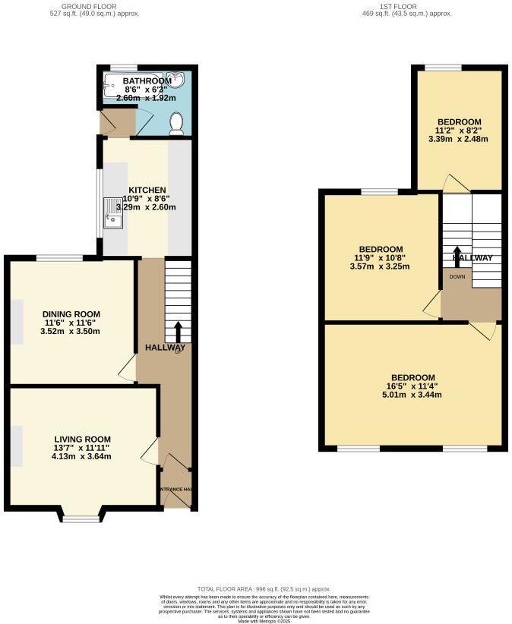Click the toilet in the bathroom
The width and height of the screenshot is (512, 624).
coord(176,123)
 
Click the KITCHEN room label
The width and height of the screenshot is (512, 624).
coord(147,190)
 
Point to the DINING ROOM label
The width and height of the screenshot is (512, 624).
coord(71,314)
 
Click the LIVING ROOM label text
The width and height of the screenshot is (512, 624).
coord(83,439)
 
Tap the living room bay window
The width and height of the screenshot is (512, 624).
coord(81,518)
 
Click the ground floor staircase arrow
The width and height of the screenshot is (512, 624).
coord(179,331)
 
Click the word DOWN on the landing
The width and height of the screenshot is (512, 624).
coord(457,276)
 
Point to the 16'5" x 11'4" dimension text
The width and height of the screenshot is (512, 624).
coord(412,386)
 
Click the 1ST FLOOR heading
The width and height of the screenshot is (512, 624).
coord(407,5)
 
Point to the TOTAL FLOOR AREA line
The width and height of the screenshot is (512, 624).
coord(264,589)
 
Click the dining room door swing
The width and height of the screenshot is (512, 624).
coord(128,369)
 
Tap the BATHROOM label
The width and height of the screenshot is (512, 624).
coord(147,81)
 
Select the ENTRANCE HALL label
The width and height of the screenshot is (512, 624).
coord(175,490)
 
